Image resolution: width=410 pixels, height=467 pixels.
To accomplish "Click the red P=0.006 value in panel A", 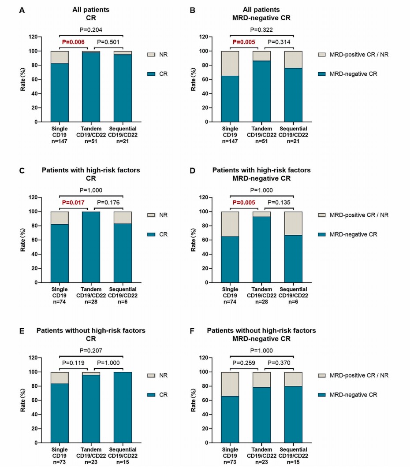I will click(x=73, y=42).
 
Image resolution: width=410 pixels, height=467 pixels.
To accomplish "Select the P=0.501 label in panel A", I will click(x=108, y=42).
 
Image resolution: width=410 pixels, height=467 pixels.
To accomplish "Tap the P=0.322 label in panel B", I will click(x=262, y=30).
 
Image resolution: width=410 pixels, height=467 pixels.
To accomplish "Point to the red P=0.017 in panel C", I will click(x=73, y=203).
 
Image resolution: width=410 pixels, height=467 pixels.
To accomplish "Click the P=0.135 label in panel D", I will click(x=279, y=203).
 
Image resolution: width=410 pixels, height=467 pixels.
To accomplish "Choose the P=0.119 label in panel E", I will click(x=73, y=363).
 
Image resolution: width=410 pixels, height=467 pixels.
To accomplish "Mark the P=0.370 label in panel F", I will click(x=279, y=363).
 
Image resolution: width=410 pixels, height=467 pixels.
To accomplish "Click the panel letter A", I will click(x=22, y=9).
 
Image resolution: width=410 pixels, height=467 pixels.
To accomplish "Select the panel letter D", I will click(x=193, y=170).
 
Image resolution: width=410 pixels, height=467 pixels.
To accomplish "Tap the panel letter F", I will click(x=192, y=330).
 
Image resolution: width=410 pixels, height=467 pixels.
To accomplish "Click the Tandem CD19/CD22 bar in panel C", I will click(x=91, y=247).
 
